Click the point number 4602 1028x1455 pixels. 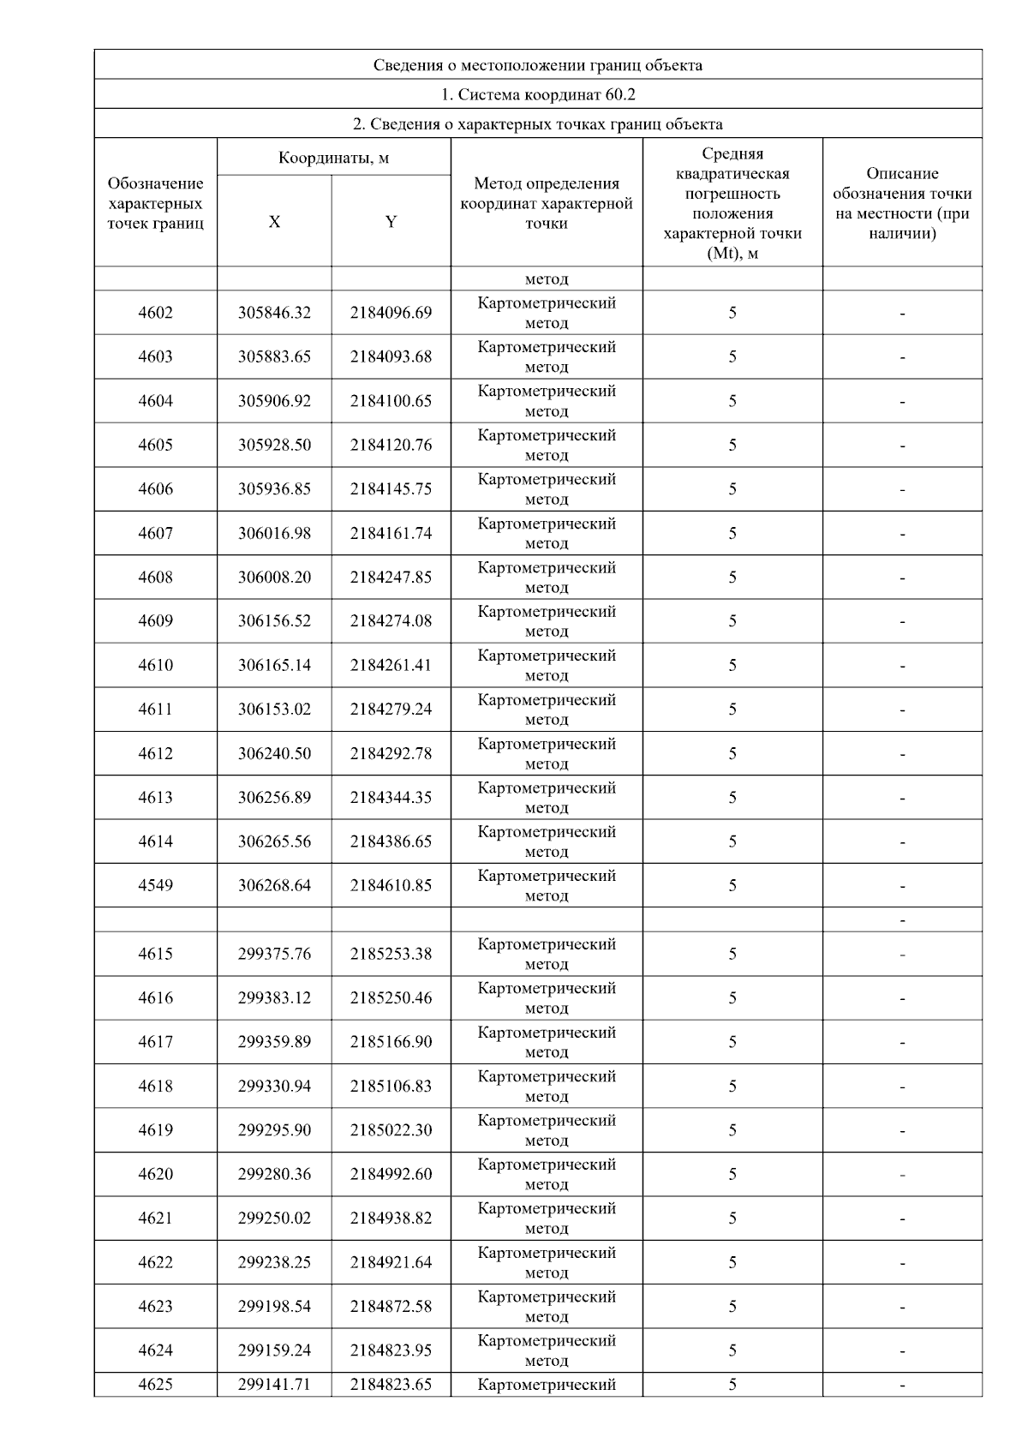click(155, 313)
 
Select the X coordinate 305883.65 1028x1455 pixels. click(274, 356)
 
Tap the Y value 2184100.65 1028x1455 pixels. click(391, 401)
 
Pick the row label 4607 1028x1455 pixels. click(155, 533)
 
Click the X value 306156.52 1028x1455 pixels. click(274, 621)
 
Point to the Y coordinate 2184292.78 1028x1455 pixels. click(391, 753)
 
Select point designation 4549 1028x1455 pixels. click(155, 885)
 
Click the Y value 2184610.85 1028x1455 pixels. click(391, 885)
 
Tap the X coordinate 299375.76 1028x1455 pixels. click(274, 954)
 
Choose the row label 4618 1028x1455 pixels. click(155, 1086)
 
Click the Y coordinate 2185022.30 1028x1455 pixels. click(391, 1129)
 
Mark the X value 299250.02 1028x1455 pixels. click(274, 1218)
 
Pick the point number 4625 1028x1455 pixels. click(155, 1384)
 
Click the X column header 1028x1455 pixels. click(274, 222)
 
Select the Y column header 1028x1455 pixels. click(391, 222)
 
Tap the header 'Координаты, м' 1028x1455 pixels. click(334, 158)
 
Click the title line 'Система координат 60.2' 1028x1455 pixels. click(538, 94)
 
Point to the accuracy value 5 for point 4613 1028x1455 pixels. click(732, 798)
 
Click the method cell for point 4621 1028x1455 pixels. click(547, 1218)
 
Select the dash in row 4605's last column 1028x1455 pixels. click(902, 446)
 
